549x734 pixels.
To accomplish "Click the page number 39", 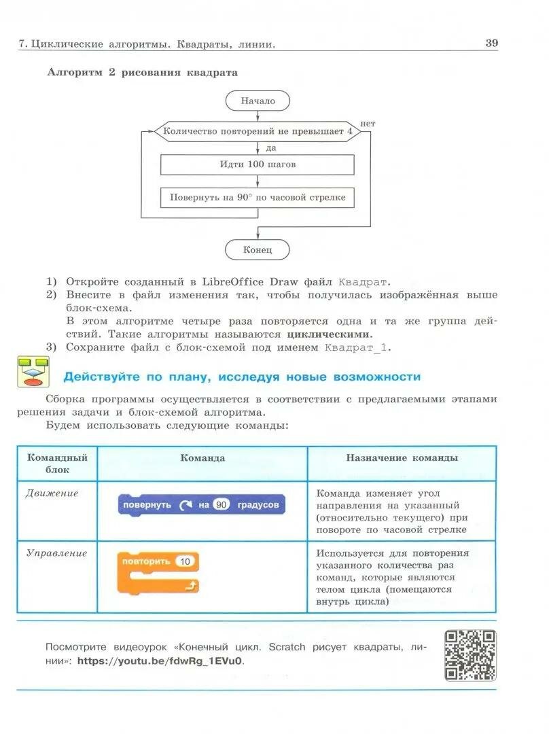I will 492,43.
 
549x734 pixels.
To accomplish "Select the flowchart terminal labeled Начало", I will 258,101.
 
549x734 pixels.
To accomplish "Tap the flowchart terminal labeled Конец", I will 258,250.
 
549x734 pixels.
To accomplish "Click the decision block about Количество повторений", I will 258,131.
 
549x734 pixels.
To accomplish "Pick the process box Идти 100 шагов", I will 258,164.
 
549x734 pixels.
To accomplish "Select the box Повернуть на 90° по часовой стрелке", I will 258,198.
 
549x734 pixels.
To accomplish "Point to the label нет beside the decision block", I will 368,123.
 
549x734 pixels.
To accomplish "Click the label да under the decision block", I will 271,147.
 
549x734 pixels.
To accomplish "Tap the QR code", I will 470,655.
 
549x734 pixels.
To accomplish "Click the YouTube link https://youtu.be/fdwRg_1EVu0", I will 160,661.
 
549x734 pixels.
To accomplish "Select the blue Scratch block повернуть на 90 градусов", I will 201,505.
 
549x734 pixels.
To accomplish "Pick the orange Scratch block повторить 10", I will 158,572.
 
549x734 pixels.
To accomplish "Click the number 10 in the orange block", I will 185,561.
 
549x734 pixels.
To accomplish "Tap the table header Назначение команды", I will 402,458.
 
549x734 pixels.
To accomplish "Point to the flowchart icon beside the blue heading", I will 31,372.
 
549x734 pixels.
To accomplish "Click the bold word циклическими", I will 330,334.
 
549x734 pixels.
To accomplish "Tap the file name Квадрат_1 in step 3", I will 357,348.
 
